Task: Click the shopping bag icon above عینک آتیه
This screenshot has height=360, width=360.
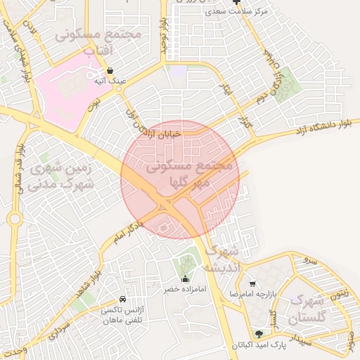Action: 111,70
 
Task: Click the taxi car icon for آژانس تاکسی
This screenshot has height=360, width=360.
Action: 124,299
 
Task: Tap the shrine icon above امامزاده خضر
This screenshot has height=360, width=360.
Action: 186,279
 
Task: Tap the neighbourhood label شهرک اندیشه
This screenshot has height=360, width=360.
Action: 222,259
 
